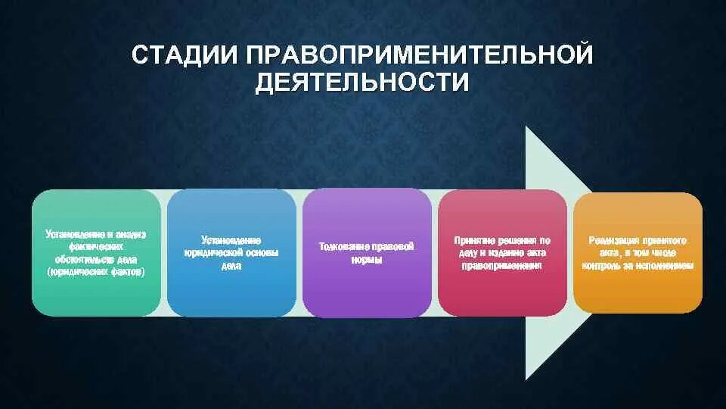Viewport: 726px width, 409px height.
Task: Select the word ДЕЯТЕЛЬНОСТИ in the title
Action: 361,83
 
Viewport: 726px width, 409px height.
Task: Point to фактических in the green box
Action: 95,246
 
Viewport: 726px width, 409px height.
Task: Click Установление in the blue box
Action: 231,240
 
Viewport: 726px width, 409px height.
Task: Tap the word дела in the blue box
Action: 231,265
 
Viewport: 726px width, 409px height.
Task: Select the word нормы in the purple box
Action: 367,259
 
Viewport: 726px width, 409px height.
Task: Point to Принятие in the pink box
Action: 474,240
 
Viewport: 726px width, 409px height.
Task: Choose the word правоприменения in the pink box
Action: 502,265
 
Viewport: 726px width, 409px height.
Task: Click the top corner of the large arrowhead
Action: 527,127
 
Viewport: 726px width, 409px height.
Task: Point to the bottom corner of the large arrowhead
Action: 527,379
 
